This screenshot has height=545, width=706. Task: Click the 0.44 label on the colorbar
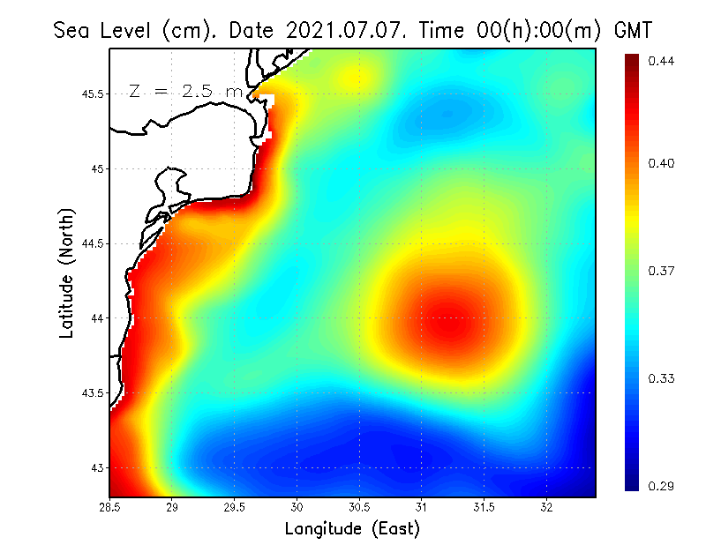(x=660, y=61)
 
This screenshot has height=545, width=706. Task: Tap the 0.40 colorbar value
(x=660, y=163)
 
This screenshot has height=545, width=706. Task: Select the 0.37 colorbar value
(x=660, y=271)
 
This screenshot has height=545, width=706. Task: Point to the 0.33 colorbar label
(x=660, y=378)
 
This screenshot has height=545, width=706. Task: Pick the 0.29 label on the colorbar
(x=660, y=486)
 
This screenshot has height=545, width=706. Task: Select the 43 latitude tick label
(x=96, y=467)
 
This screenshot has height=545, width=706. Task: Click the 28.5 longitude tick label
(x=109, y=507)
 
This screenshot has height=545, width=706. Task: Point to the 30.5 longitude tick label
(x=359, y=507)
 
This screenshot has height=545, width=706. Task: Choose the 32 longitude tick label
(x=546, y=507)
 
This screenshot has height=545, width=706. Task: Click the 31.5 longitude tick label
(x=484, y=507)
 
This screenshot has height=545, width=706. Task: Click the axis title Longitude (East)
(x=352, y=529)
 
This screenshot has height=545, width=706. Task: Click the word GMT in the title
(x=632, y=30)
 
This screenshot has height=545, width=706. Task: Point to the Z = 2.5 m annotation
(x=184, y=91)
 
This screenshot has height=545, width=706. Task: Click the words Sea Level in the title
(x=105, y=30)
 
